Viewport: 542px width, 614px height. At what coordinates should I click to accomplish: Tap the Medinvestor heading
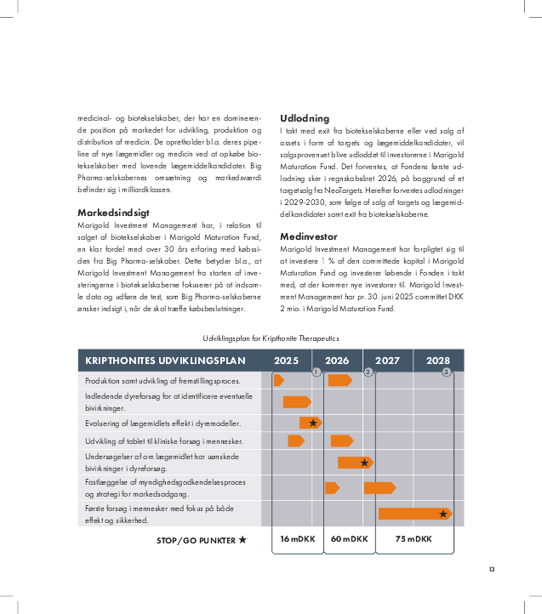point(309,236)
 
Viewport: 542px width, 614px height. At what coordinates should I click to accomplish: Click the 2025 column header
point(286,361)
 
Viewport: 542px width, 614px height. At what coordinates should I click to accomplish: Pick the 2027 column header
point(388,361)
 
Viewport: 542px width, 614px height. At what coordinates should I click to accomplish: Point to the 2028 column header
point(438,361)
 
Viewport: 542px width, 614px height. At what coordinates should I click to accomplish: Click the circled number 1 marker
point(316,372)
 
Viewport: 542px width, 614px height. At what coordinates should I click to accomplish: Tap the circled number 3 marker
point(446,372)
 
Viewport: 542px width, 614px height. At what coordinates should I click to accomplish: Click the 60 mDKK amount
point(349,539)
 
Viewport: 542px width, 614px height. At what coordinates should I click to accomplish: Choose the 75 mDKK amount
point(414,539)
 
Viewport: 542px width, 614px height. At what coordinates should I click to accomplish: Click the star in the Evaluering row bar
point(313,423)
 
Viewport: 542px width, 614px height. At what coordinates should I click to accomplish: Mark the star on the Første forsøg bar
point(443,514)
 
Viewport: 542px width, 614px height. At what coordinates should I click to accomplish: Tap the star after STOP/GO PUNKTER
point(242,539)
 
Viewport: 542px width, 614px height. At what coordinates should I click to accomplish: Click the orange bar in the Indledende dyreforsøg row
point(296,401)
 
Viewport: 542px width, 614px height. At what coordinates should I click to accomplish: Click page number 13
point(491,570)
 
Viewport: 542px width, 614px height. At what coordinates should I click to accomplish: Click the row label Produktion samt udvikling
point(163,380)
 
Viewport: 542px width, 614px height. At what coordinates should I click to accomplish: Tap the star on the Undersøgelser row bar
point(365,463)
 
